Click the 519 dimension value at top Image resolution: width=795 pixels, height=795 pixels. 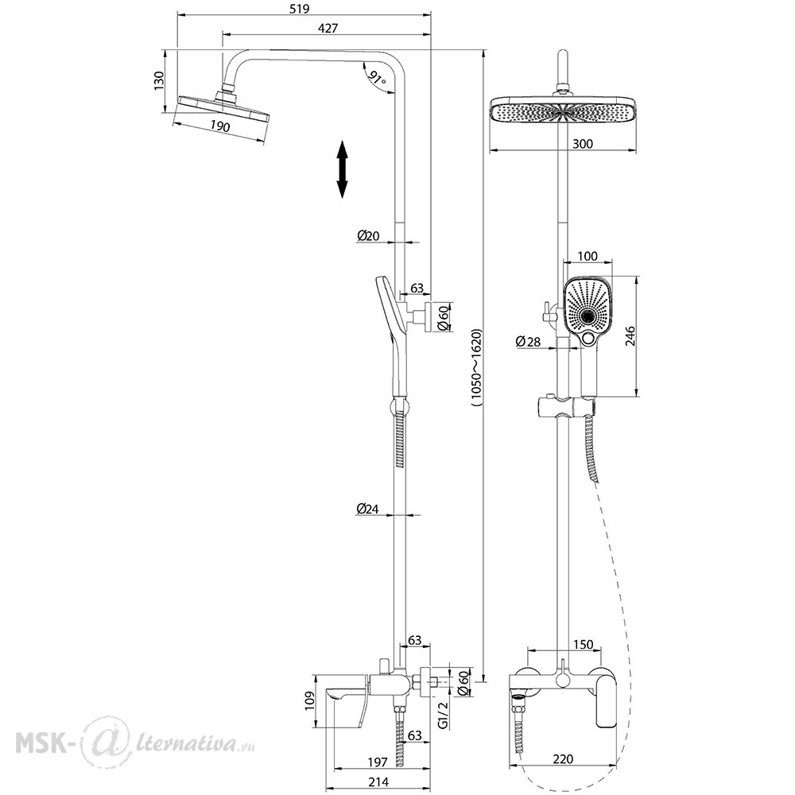[299, 9]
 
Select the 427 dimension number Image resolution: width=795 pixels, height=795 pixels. [328, 29]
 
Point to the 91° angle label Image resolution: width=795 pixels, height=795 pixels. [377, 78]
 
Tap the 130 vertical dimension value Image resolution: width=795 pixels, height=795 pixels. [159, 81]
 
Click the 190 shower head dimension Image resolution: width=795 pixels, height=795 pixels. [220, 126]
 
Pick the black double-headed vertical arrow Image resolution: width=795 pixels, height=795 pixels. [343, 169]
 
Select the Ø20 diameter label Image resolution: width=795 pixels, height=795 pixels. [368, 236]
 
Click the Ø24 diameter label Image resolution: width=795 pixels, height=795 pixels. [367, 508]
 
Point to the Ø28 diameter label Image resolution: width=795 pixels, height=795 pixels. [529, 342]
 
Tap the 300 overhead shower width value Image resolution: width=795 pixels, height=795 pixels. [583, 144]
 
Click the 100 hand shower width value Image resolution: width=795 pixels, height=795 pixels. [588, 256]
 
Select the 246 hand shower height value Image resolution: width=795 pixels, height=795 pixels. [630, 336]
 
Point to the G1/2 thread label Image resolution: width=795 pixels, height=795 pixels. [443, 715]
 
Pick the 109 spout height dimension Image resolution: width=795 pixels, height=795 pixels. [310, 700]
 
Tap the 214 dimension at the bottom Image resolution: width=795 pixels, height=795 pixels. [378, 781]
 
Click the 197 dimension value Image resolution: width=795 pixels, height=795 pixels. [377, 762]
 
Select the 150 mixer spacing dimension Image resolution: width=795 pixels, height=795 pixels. [583, 645]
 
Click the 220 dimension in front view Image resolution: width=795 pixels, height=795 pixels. [563, 759]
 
